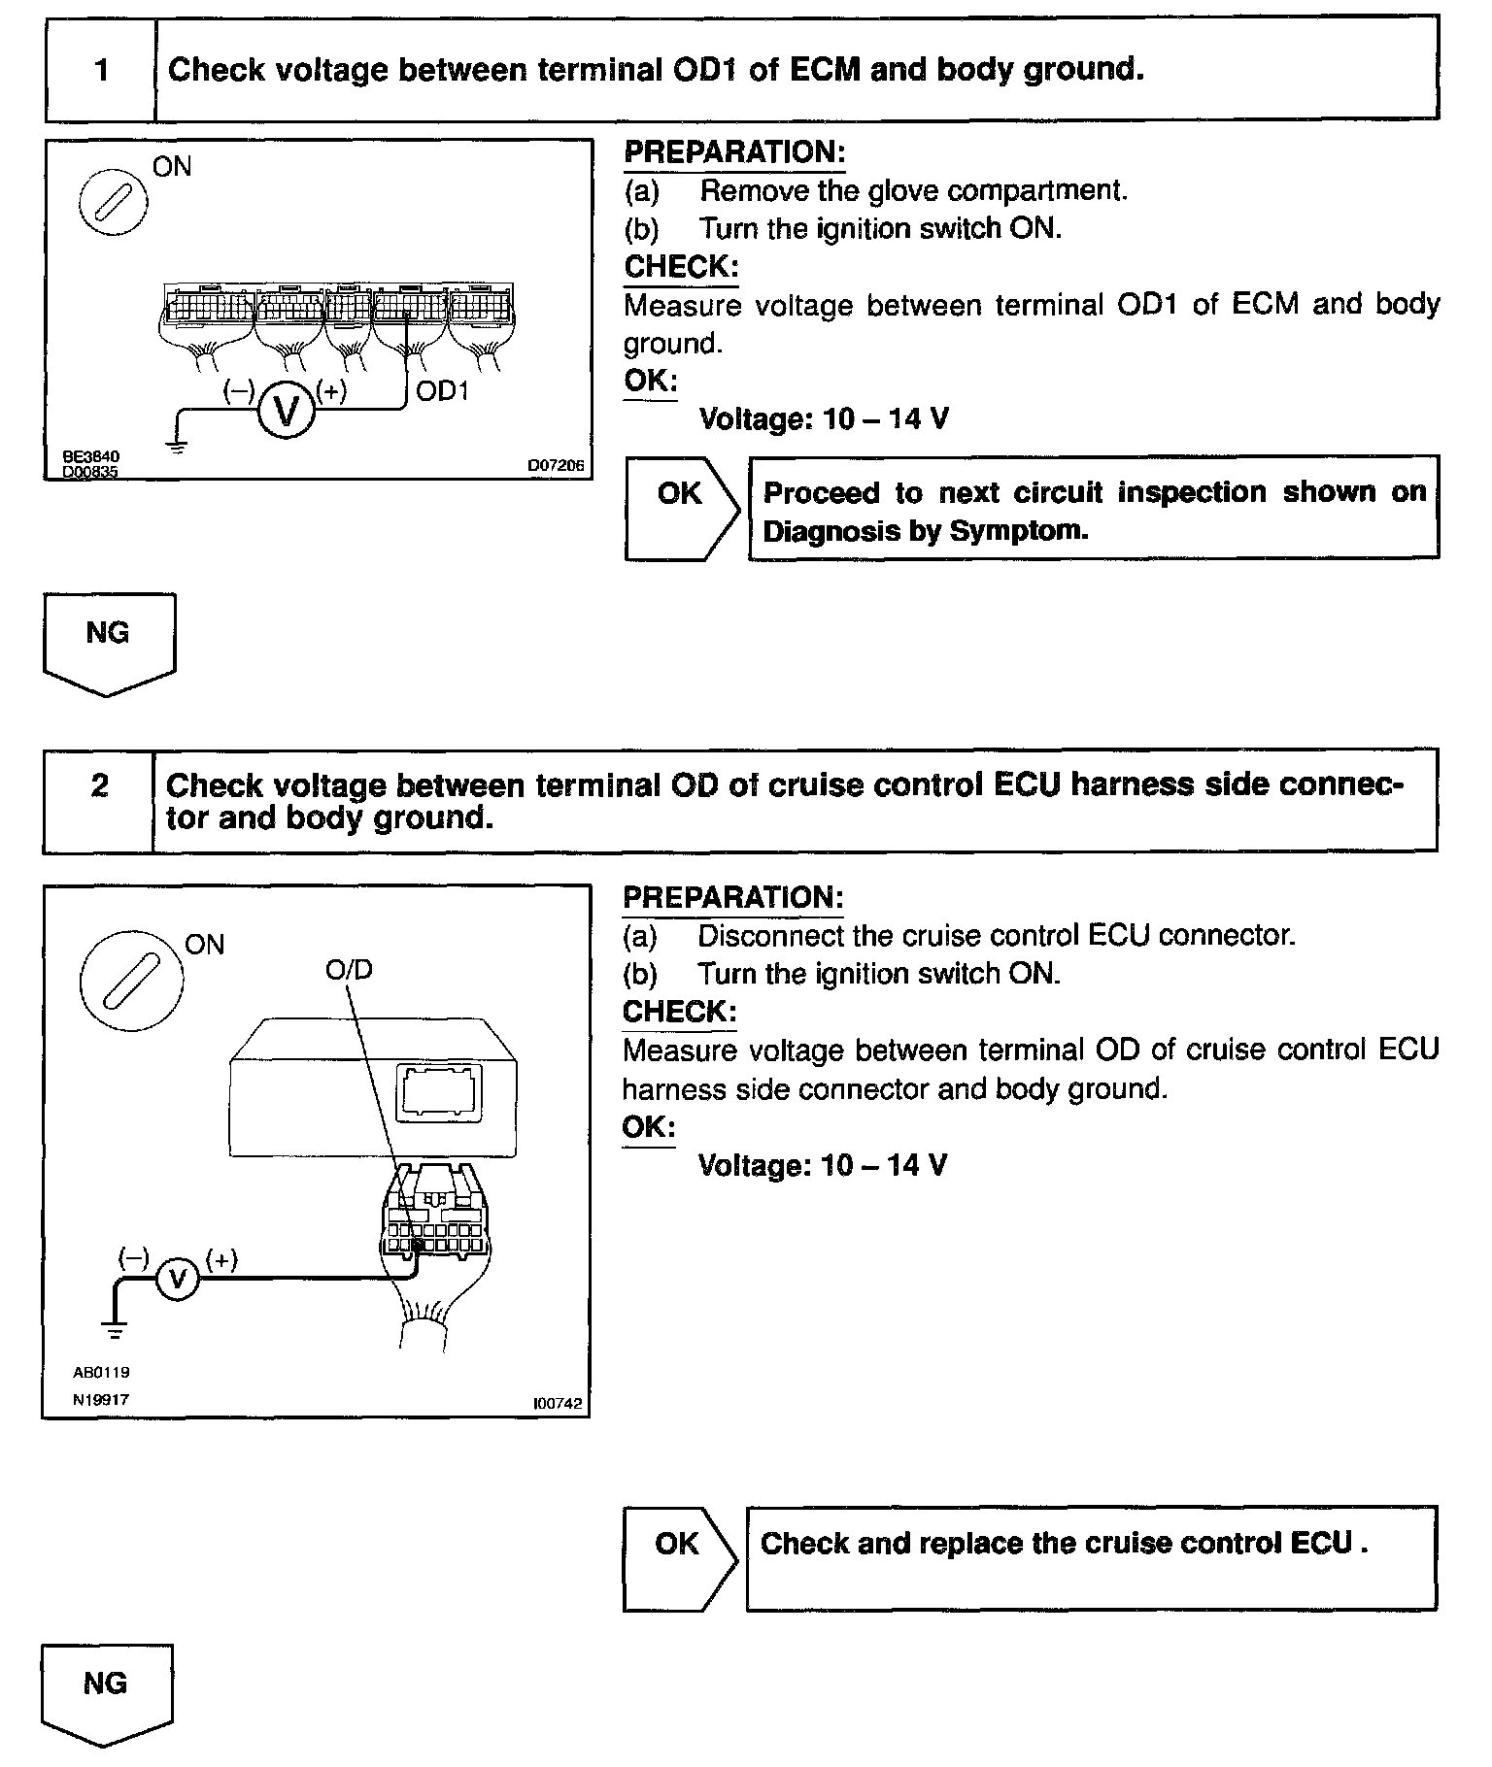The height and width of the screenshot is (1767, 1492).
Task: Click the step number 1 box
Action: click(x=101, y=70)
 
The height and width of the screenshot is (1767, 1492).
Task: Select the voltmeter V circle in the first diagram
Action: click(x=286, y=410)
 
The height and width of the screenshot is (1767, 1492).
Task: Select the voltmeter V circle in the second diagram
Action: click(x=177, y=1279)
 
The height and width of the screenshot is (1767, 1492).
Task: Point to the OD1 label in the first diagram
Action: click(x=442, y=391)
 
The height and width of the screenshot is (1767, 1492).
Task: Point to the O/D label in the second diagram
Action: click(x=349, y=970)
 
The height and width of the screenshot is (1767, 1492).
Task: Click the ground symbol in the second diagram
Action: click(x=116, y=1329)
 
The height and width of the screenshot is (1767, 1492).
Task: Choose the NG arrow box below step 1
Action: click(x=108, y=641)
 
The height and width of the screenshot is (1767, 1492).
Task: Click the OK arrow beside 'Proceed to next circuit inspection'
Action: click(x=682, y=507)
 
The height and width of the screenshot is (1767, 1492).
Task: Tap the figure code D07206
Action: click(x=556, y=466)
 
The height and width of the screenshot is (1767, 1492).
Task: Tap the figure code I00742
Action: click(x=559, y=1404)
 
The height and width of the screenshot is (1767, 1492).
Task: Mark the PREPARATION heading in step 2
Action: click(x=732, y=897)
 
